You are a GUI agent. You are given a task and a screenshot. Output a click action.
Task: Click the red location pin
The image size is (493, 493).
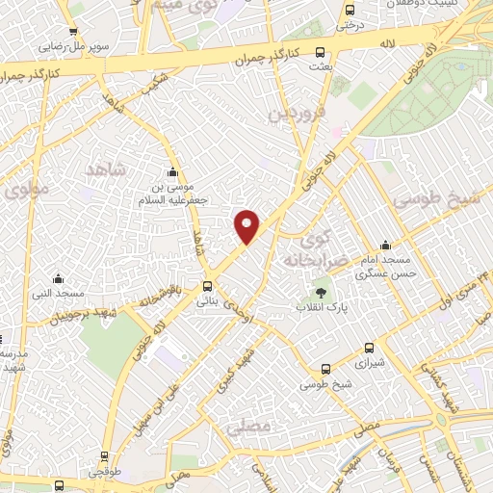[247, 225]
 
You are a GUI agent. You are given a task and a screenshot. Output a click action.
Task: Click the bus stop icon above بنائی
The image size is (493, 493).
[207, 286]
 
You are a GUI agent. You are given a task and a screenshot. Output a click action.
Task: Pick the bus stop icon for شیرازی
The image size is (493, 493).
[369, 349]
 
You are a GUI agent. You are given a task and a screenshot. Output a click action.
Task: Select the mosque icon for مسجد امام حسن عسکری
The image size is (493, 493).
[386, 245]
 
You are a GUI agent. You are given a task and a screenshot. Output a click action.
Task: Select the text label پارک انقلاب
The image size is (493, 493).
[321, 308]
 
